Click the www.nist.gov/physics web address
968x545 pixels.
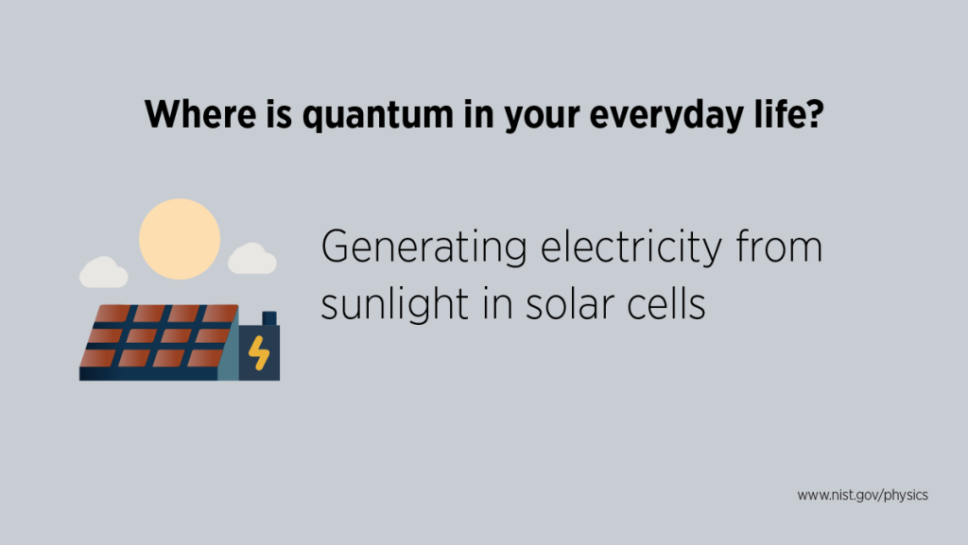[862, 495]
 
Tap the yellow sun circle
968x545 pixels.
[180, 239]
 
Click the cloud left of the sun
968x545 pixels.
[103, 272]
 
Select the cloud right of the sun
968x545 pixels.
[252, 259]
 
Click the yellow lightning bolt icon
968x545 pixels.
[259, 354]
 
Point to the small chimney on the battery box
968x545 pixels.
[268, 318]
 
